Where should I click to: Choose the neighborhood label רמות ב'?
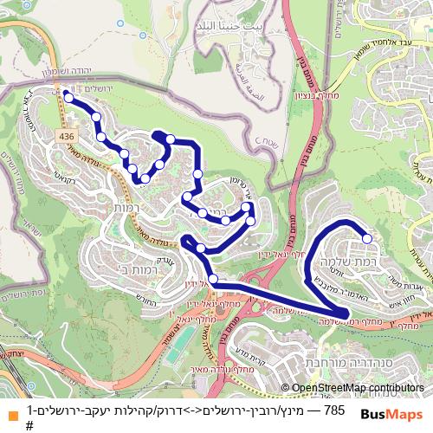(x=132, y=268)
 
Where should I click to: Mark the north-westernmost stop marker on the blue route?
(x=68, y=98)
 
